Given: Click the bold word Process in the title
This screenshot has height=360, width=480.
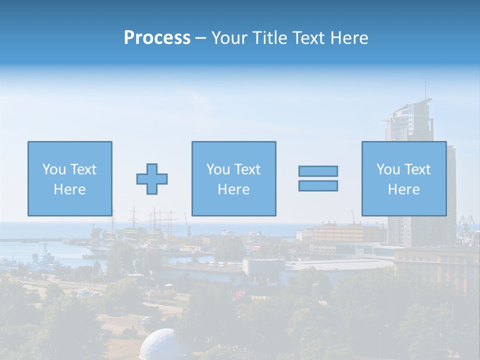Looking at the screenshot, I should pyautogui.click(x=157, y=38).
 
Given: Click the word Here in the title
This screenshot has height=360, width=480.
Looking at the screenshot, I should pyautogui.click(x=348, y=38).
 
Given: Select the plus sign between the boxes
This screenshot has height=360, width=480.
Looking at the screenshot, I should pyautogui.click(x=152, y=178).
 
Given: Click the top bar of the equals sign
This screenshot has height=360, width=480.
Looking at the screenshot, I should pyautogui.click(x=318, y=171).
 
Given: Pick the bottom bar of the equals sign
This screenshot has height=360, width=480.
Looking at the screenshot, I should pyautogui.click(x=318, y=185).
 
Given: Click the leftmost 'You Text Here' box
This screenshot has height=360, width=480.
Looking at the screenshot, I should pyautogui.click(x=69, y=178).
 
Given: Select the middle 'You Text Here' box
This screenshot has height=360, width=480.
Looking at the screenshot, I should pyautogui.click(x=233, y=178).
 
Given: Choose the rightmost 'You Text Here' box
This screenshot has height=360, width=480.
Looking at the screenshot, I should pyautogui.click(x=403, y=178).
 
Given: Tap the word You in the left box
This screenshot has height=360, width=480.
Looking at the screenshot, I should pyautogui.click(x=53, y=169).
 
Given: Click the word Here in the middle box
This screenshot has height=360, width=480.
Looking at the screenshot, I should pyautogui.click(x=233, y=189).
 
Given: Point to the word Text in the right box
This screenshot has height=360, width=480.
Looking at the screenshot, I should pyautogui.click(x=417, y=169).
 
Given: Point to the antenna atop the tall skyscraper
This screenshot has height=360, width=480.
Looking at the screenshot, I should pyautogui.click(x=425, y=90).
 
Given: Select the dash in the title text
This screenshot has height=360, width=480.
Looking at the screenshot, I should pyautogui.click(x=200, y=38).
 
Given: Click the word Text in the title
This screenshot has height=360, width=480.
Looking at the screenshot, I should pyautogui.click(x=306, y=38).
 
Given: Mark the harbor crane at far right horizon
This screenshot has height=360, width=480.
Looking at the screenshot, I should pyautogui.click(x=466, y=221).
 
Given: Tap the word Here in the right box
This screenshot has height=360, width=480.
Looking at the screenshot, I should pyautogui.click(x=403, y=189).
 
